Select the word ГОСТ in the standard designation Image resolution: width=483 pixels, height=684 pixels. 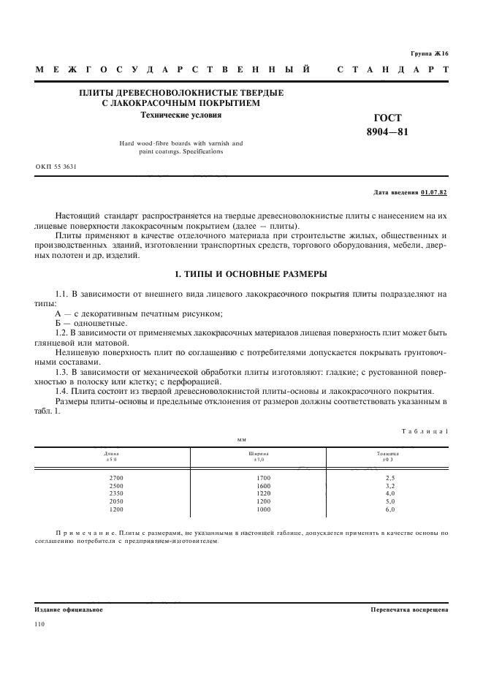pos(388,118)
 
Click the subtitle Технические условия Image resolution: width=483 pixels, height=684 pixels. pos(181,115)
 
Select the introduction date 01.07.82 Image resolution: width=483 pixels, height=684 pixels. pos(435,193)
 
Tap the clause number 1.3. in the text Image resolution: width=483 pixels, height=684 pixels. pos(64,371)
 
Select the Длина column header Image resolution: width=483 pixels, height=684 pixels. pos(112,454)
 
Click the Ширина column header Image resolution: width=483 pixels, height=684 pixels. pos(260,454)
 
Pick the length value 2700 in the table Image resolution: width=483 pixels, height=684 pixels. pos(112,478)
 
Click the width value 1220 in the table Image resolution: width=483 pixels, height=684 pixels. pos(262,494)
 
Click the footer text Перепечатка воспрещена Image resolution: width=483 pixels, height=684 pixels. pos(409,609)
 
